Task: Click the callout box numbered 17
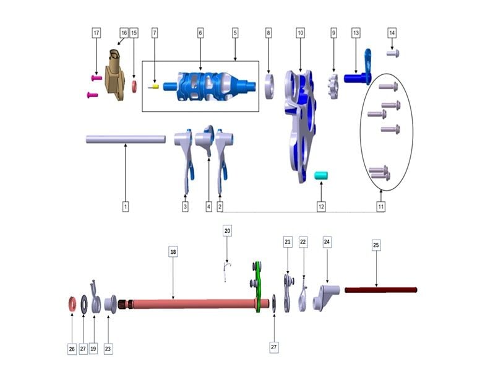(96, 32)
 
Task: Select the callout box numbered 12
(321, 206)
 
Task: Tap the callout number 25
(376, 245)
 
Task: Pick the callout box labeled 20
(227, 231)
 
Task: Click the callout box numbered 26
(72, 349)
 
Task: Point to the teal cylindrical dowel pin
(322, 177)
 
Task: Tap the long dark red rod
(380, 290)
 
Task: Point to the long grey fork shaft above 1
(126, 139)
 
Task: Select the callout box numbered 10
(300, 32)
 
